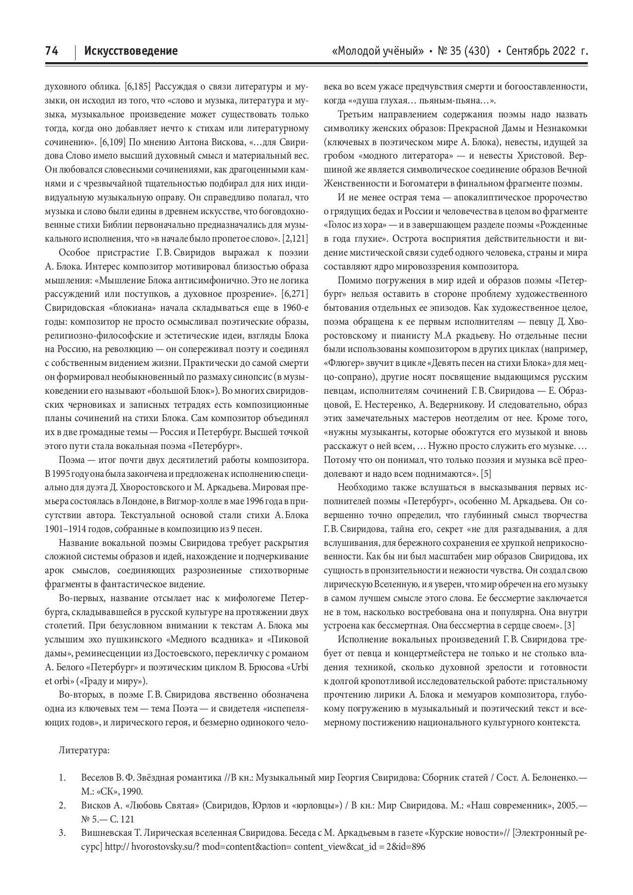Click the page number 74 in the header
52,51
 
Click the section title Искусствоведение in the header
131,51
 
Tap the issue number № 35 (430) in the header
463,51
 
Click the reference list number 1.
62,776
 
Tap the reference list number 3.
62,832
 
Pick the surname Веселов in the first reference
96,776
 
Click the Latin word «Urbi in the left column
298,667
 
